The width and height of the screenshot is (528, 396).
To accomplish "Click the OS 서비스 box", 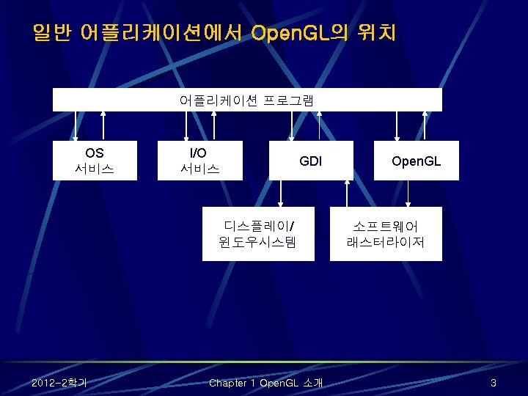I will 95,161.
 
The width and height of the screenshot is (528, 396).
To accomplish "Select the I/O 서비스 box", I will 200,161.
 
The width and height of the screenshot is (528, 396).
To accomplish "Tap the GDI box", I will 310,161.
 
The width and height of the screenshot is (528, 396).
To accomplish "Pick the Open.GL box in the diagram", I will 416,161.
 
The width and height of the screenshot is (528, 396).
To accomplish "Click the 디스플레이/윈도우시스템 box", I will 258,232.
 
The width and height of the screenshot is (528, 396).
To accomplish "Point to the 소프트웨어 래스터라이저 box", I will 386,232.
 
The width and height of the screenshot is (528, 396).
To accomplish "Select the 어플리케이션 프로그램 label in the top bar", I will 246,100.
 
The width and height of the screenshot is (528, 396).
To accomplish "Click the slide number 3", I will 494,383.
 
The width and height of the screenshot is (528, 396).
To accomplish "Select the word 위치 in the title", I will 375,34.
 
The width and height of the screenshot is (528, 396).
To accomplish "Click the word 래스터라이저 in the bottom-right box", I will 386,241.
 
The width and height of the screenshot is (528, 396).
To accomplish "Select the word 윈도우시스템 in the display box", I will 258,241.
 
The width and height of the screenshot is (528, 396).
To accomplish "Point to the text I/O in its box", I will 198,153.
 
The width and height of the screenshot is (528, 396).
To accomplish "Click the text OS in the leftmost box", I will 95,153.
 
